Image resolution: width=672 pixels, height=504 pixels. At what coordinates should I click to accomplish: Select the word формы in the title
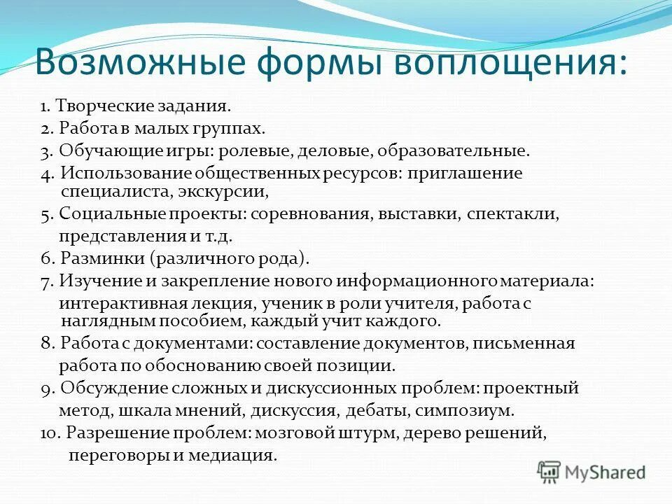pyautogui.click(x=311, y=64)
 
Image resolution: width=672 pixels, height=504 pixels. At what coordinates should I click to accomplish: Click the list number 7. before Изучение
pyautogui.click(x=46, y=280)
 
